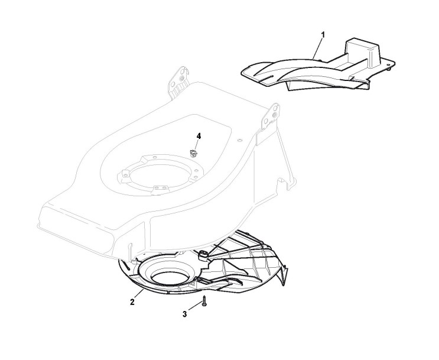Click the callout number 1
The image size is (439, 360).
click(x=323, y=35)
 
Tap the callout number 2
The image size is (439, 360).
click(x=132, y=301)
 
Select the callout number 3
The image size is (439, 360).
click(x=185, y=314)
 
